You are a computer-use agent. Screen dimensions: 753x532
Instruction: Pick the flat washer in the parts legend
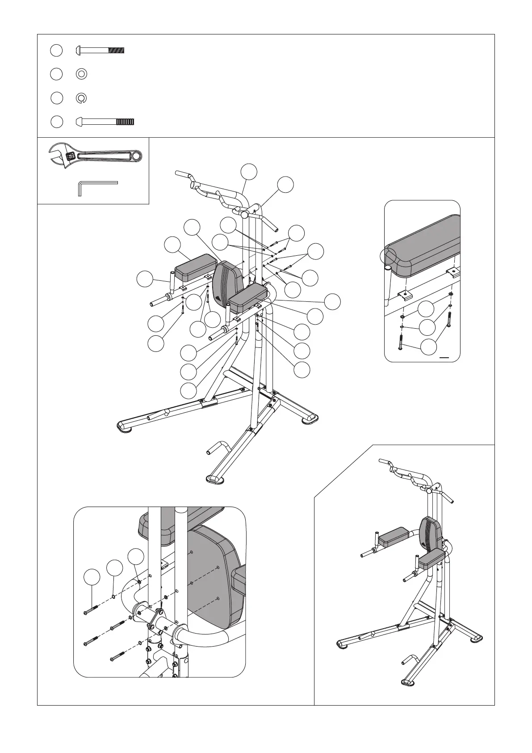click(x=82, y=74)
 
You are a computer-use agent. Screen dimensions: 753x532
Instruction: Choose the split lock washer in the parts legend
click(x=82, y=98)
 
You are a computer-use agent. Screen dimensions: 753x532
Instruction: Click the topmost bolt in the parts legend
click(x=100, y=51)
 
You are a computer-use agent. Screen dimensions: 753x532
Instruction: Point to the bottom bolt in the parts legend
click(x=105, y=122)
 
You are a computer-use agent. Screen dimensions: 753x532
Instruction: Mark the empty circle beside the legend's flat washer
click(x=56, y=74)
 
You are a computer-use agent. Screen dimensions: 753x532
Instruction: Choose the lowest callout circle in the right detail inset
click(x=428, y=347)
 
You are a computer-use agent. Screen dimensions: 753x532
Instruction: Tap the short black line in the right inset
click(x=444, y=358)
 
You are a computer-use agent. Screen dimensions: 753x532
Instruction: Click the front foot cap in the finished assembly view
click(x=408, y=695)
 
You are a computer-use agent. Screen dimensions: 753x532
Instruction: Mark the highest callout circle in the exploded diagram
click(x=249, y=172)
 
